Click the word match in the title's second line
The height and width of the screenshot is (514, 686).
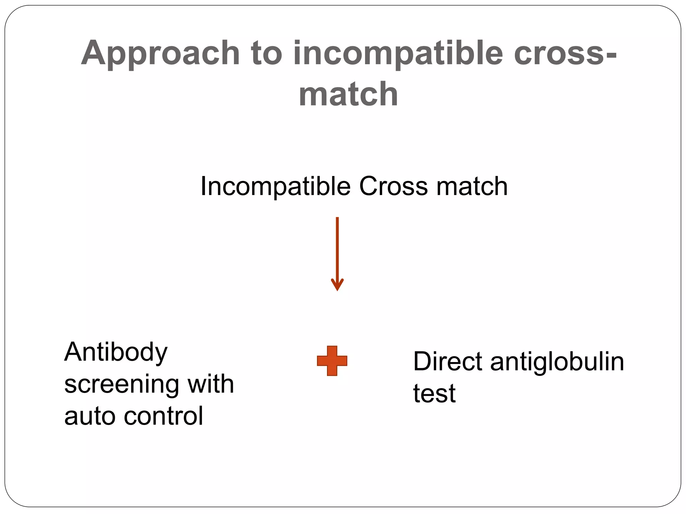[x=348, y=95]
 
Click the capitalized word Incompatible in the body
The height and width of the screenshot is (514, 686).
[x=275, y=187]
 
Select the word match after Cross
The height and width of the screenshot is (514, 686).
[x=472, y=186]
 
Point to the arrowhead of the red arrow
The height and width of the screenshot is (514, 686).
[x=337, y=284]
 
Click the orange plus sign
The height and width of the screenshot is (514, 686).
[x=332, y=361]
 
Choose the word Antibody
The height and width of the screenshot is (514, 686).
[x=116, y=353]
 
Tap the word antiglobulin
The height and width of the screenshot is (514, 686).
[x=557, y=362]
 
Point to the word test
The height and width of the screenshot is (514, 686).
[x=434, y=394]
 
